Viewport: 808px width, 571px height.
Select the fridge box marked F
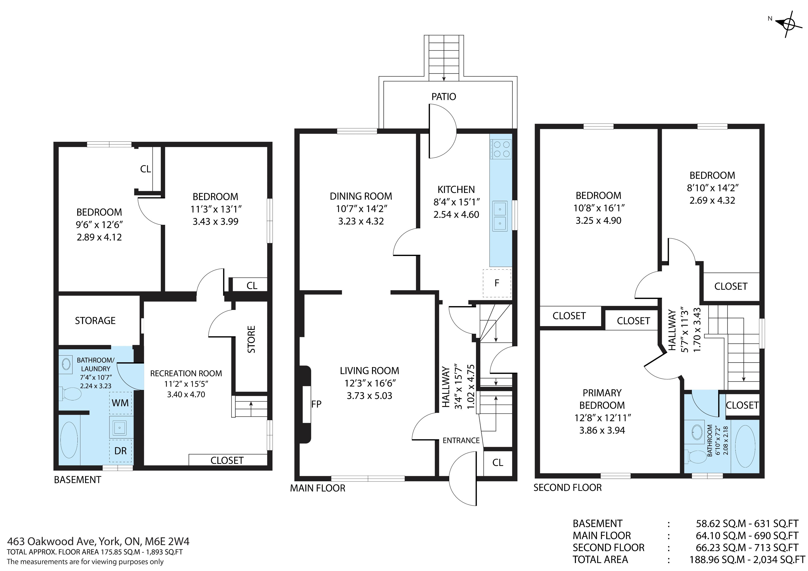(x=497, y=283)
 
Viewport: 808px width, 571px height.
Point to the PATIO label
(x=444, y=97)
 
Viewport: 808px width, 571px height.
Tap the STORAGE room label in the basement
(x=95, y=320)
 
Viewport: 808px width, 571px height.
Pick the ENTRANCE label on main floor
(x=461, y=441)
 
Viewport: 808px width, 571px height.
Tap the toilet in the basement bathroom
(x=70, y=394)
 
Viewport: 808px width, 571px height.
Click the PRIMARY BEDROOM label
(x=602, y=399)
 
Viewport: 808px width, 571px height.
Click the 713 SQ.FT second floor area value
(x=776, y=547)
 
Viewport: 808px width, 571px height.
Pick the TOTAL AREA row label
(x=600, y=559)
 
